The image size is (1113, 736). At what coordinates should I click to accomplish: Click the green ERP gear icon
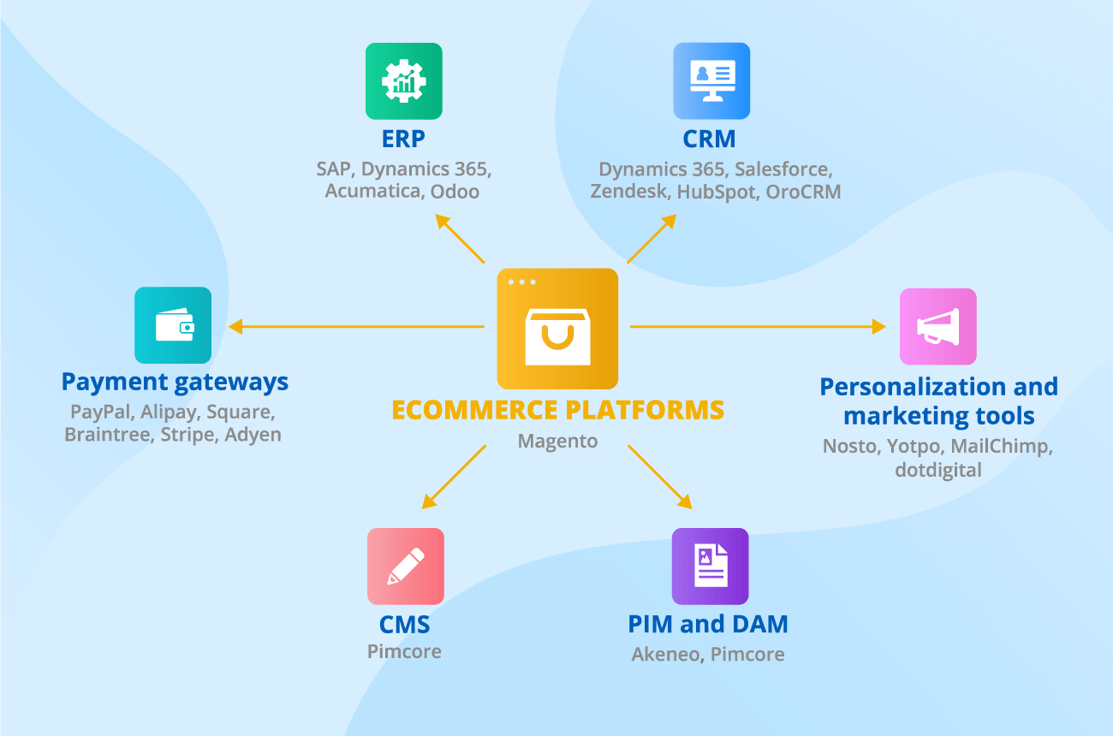(403, 81)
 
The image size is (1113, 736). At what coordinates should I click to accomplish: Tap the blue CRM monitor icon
(711, 81)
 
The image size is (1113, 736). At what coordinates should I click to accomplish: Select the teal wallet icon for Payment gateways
(173, 325)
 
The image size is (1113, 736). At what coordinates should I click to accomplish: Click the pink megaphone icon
(937, 326)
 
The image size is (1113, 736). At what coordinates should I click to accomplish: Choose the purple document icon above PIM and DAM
(710, 567)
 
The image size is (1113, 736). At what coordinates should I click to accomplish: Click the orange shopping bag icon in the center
(557, 329)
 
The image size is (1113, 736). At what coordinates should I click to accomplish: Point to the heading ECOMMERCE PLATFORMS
(557, 410)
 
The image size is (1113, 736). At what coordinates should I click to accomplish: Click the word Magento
(557, 442)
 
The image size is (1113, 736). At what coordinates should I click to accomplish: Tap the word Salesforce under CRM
(783, 169)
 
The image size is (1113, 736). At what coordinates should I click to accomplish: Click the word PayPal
(99, 412)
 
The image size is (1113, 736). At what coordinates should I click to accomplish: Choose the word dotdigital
(938, 470)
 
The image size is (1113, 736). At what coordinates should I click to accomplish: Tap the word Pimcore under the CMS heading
(405, 651)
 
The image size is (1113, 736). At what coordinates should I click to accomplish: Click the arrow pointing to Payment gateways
(355, 326)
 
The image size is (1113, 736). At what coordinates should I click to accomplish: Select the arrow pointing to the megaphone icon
(758, 326)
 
